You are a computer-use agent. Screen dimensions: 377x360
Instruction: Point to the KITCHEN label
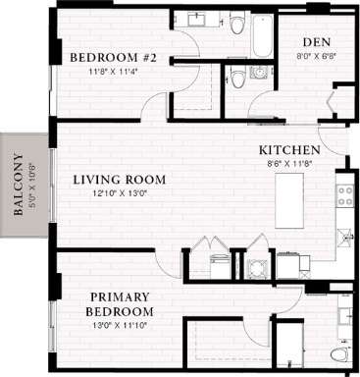click(x=289, y=150)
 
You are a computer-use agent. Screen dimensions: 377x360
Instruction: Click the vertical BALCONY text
click(x=18, y=186)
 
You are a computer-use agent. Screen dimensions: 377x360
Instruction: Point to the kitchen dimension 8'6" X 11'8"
click(x=289, y=163)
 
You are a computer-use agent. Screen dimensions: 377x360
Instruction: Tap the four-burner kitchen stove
click(x=344, y=194)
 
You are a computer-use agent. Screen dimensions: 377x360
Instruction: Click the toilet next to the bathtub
click(x=236, y=24)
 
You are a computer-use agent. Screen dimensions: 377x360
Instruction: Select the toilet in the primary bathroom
click(x=338, y=354)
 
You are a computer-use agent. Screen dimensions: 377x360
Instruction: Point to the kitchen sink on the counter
click(x=344, y=237)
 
